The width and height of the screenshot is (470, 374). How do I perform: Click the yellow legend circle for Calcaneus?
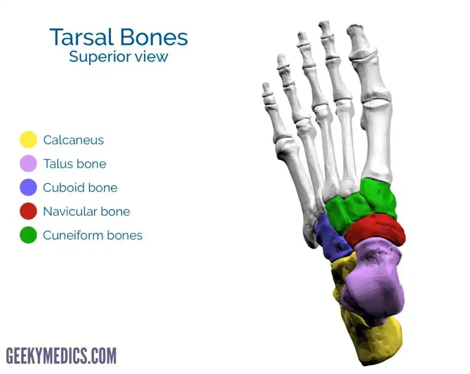(x=28, y=139)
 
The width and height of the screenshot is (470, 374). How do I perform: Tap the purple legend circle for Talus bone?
(x=28, y=163)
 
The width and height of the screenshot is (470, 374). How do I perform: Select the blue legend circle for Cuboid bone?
(x=28, y=187)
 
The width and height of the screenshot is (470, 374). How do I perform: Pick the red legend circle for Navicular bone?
(x=28, y=211)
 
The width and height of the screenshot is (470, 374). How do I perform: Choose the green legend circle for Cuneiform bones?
(x=28, y=235)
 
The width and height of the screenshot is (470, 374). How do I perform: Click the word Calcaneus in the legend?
(x=74, y=140)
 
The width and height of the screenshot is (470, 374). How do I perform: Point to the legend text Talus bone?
(x=75, y=164)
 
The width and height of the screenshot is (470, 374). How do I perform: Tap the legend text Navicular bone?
(x=87, y=212)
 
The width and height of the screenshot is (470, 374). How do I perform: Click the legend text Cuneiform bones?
(x=93, y=235)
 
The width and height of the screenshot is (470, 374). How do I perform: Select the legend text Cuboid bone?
(x=80, y=188)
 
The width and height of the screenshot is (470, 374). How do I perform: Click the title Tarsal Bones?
(x=119, y=37)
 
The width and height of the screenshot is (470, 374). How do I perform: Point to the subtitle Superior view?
(x=118, y=57)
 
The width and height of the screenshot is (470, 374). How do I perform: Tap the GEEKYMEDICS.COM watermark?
(x=61, y=356)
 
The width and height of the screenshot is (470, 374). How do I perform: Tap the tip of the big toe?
(x=355, y=26)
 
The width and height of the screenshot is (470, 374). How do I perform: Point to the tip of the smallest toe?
(x=265, y=85)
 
